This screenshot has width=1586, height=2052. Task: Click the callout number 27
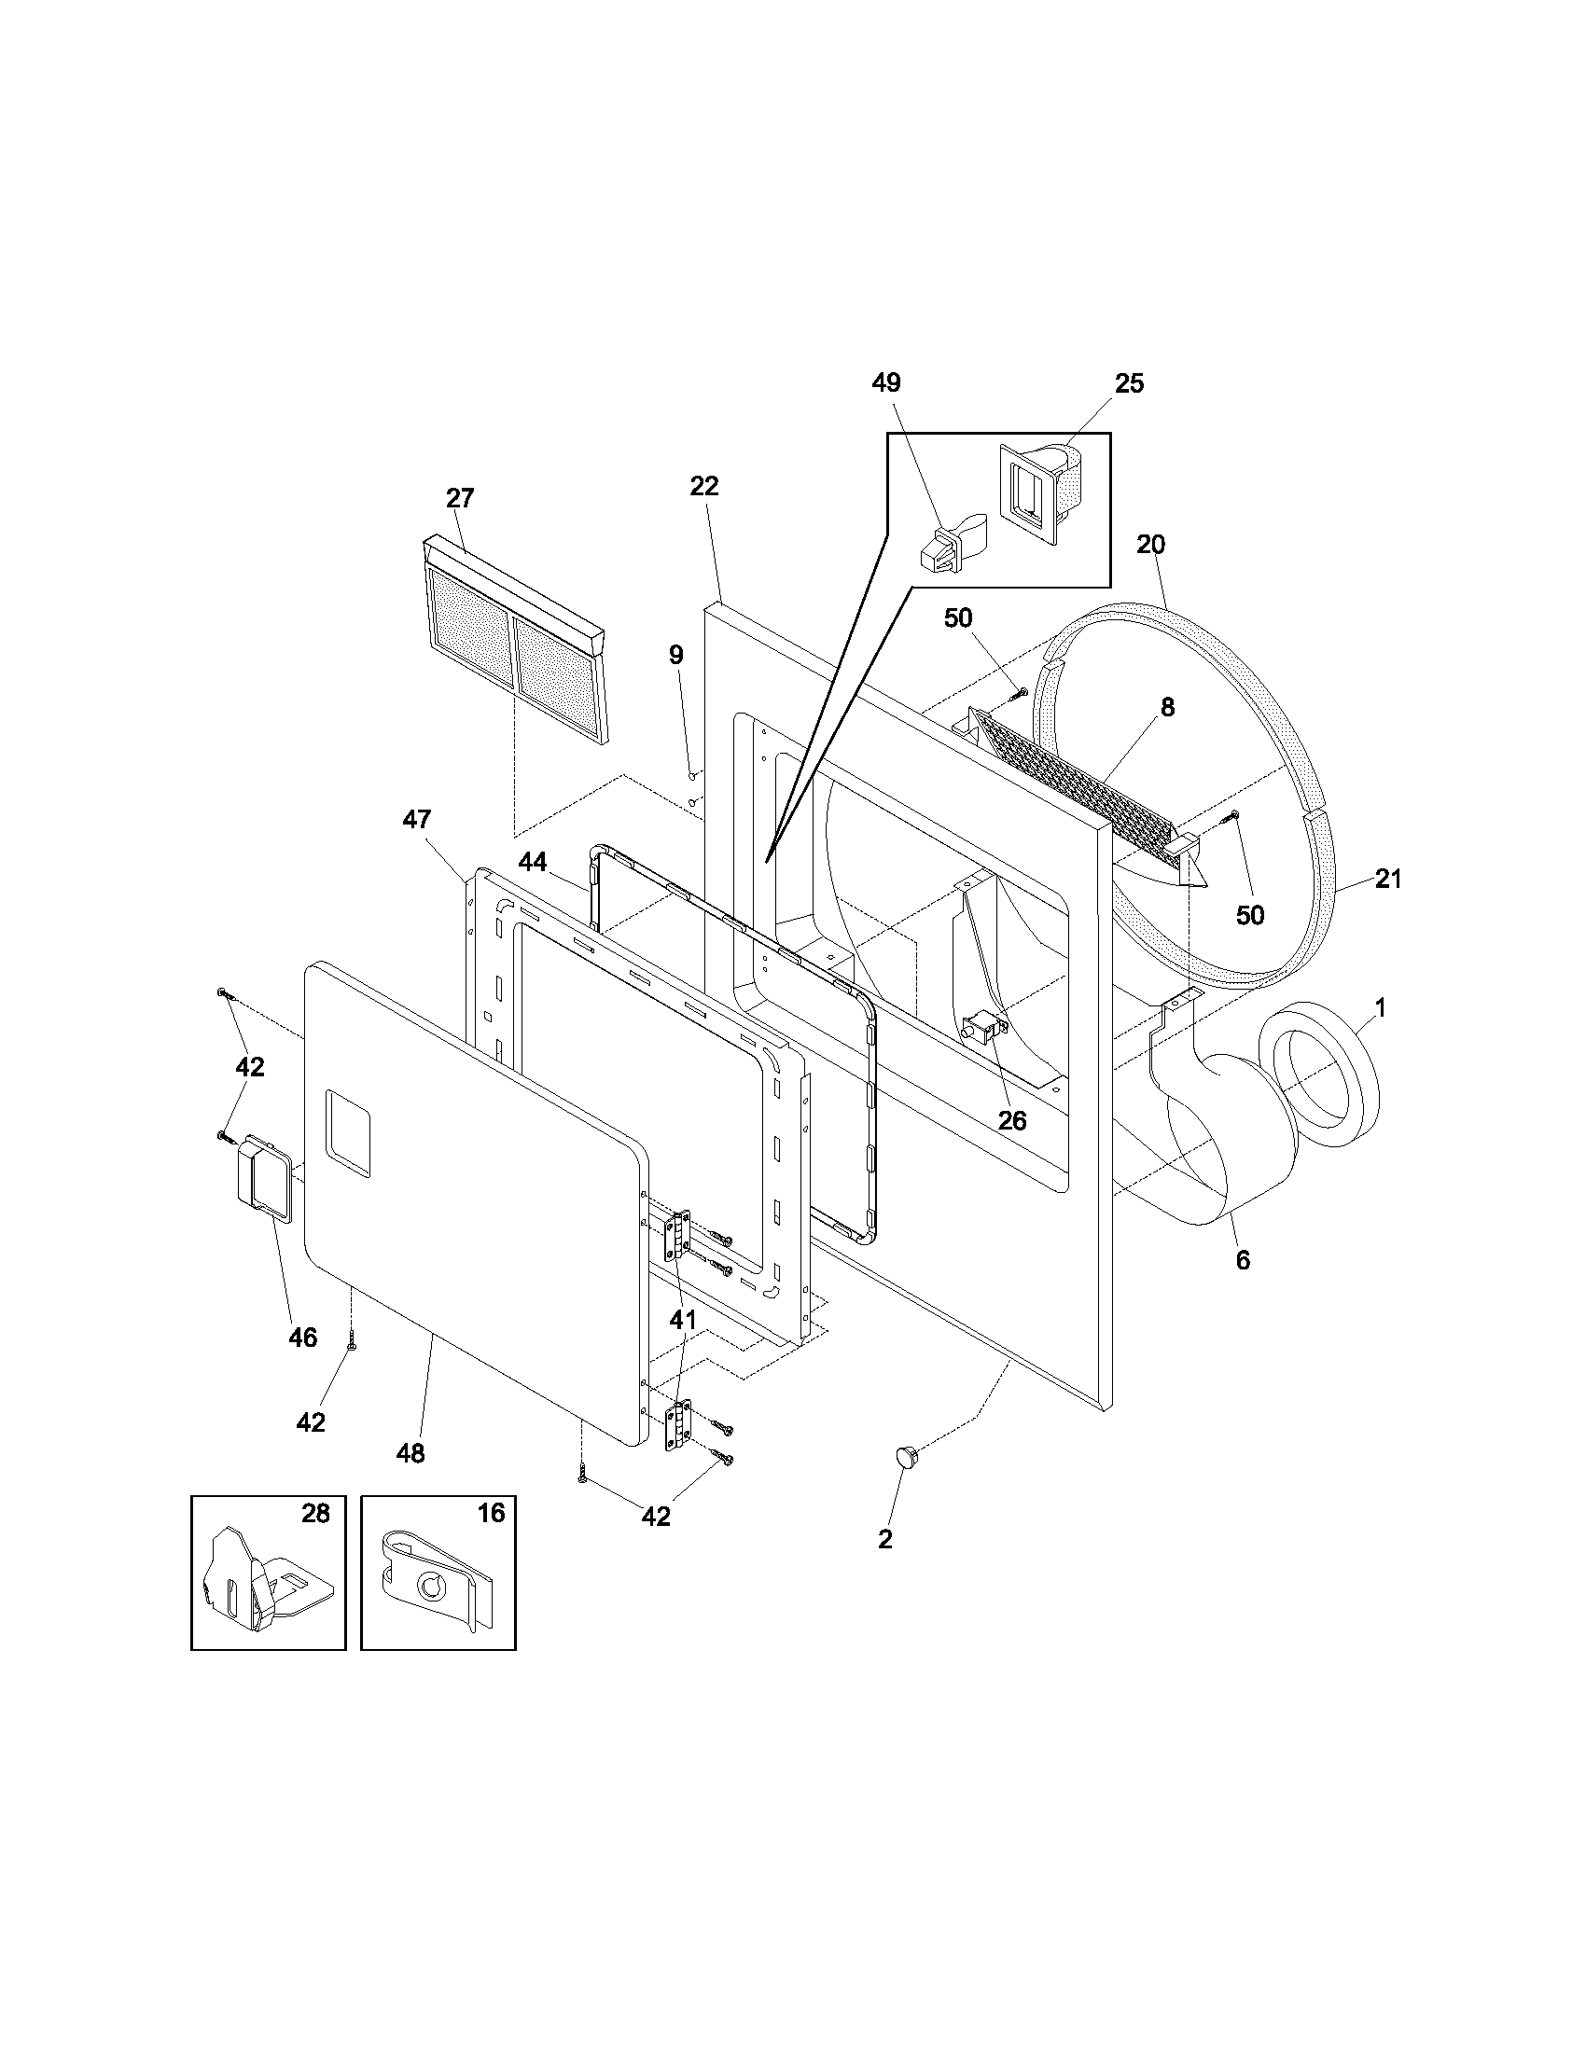coord(459,498)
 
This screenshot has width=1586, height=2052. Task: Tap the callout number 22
coord(703,486)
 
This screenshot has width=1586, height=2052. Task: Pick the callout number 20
coord(1150,544)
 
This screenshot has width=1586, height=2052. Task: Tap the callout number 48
coord(410,1452)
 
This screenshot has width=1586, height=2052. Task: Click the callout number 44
coord(533,862)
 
